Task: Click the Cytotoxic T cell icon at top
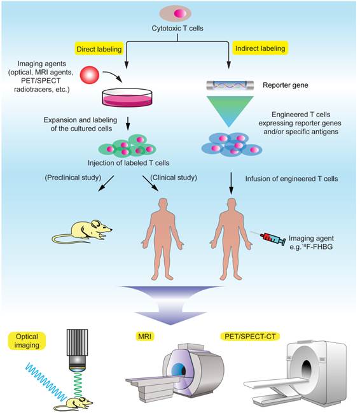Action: (x=180, y=13)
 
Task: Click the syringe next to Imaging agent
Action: (x=263, y=240)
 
